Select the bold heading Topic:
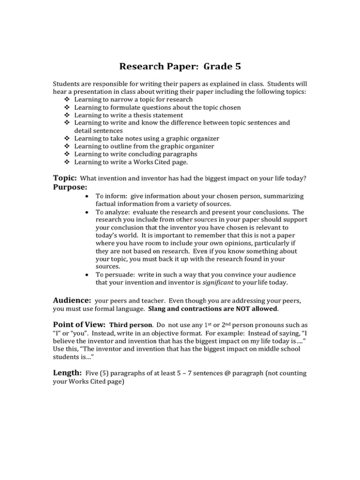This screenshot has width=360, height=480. click(x=65, y=178)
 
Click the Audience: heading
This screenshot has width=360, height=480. click(x=72, y=300)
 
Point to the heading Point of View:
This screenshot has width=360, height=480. click(x=79, y=325)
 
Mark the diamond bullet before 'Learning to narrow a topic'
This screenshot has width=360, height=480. click(x=66, y=100)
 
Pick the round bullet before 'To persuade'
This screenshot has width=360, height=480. click(x=87, y=275)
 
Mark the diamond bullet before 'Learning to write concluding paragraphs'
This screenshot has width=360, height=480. click(x=66, y=154)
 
